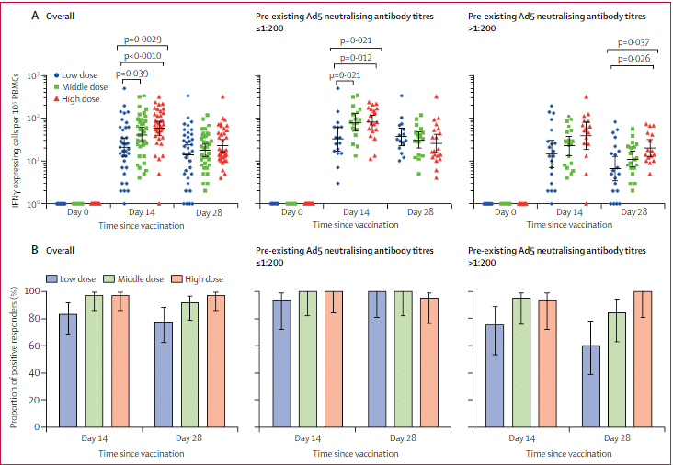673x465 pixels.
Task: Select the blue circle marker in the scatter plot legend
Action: [x=57, y=74]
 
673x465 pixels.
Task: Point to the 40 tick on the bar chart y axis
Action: [x=40, y=372]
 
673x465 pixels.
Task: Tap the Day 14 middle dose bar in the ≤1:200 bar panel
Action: [x=306, y=358]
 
